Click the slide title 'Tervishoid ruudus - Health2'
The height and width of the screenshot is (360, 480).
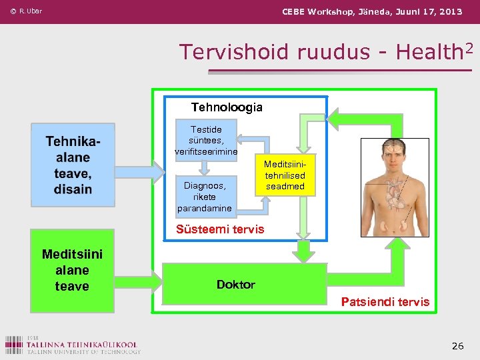click(x=320, y=52)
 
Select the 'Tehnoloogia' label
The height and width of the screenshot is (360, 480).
click(x=227, y=107)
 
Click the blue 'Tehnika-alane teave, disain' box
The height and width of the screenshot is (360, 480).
click(x=73, y=165)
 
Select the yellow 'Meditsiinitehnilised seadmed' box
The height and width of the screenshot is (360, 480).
click(x=285, y=175)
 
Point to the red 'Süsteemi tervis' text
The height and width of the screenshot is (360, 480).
click(x=220, y=229)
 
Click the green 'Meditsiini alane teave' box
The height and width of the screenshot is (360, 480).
click(x=72, y=270)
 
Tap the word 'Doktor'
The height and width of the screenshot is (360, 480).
click(x=236, y=285)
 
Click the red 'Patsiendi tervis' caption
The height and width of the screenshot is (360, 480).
click(x=385, y=302)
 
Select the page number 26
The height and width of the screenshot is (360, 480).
click(x=457, y=346)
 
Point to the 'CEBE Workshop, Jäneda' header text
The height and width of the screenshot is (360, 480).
click(x=372, y=11)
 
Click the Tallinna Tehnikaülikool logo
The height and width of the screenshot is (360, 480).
click(x=72, y=344)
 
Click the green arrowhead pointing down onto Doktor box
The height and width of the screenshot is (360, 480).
click(x=305, y=253)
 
